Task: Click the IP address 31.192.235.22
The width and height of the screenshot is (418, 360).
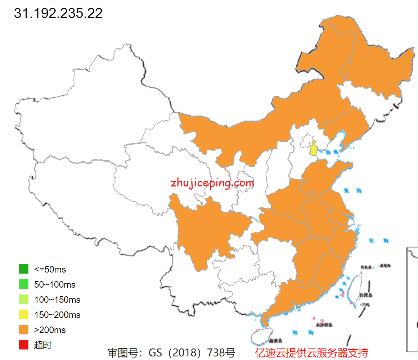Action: tap(58, 13)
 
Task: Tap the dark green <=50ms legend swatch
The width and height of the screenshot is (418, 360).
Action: tap(23, 269)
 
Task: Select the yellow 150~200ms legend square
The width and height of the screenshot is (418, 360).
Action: tap(23, 315)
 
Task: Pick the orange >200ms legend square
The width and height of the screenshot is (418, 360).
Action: tap(23, 330)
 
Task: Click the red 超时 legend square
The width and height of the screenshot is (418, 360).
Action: tap(23, 345)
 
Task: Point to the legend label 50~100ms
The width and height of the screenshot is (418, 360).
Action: tap(55, 284)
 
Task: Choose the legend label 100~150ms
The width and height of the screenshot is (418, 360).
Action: tap(57, 300)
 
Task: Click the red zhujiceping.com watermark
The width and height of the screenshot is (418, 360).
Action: tap(212, 183)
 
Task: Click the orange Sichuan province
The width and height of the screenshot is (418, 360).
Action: tap(202, 230)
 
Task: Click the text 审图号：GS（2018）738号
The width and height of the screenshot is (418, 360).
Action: tap(171, 352)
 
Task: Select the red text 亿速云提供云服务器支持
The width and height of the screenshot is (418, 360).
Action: tap(312, 352)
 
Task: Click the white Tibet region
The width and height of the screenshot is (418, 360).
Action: tap(83, 202)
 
